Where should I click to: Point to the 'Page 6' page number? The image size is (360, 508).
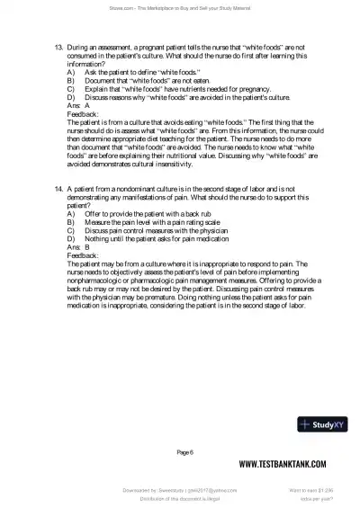click(185, 451)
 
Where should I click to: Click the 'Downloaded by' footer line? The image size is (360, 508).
click(180, 491)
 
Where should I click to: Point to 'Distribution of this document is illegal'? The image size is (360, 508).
click(180, 499)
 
